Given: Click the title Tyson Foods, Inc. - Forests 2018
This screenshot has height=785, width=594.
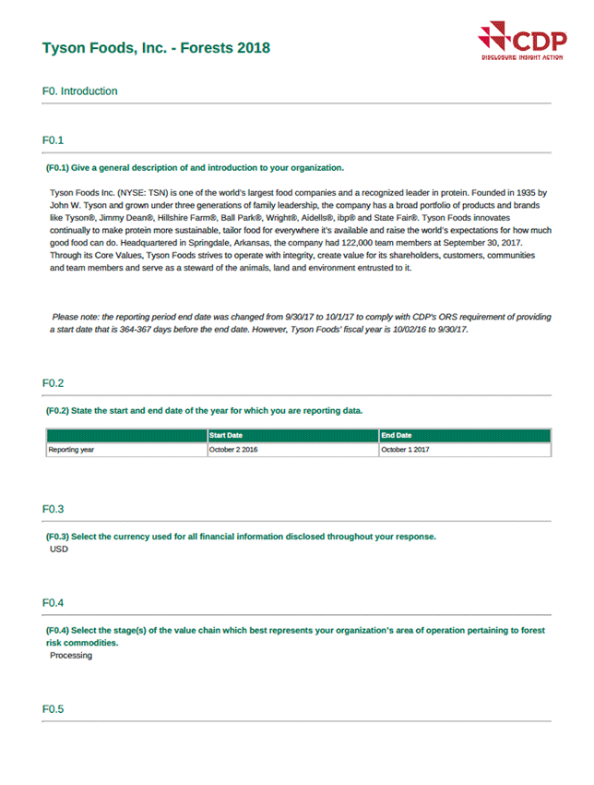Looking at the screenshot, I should (157, 47).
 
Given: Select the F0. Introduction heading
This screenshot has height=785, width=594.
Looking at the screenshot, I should (80, 91).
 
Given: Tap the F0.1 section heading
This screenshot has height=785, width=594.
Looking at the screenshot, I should (53, 140).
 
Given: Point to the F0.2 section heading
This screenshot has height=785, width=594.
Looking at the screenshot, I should (53, 383).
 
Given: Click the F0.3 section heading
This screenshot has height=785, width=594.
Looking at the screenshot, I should (53, 509).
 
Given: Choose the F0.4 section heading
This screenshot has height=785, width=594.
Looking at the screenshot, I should (53, 603).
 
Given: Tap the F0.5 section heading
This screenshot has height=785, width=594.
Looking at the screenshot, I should (53, 709).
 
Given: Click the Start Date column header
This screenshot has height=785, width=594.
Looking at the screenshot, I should (226, 435).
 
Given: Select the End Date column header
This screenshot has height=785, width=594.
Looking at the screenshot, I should (397, 435).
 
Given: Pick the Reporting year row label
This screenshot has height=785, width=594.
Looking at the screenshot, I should (71, 450).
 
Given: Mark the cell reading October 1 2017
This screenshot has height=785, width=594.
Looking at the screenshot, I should (405, 450).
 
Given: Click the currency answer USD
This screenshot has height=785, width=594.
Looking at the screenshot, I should (59, 549).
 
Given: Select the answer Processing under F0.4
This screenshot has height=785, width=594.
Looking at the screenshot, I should (71, 656).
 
